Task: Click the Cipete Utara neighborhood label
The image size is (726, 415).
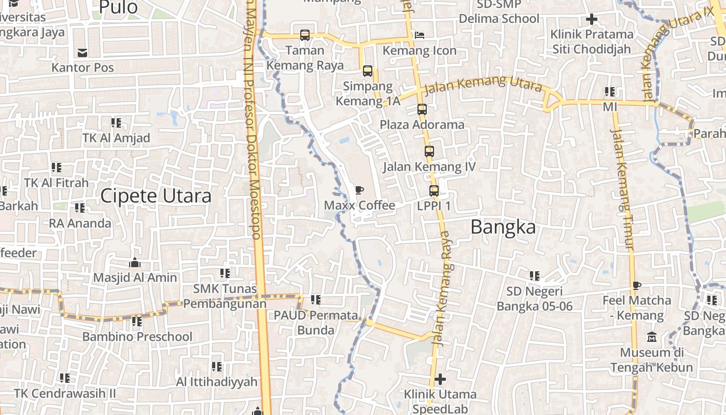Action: pos(156,196)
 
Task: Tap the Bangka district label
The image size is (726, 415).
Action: pos(503,227)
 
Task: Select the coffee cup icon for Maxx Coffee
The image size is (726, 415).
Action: pos(359,190)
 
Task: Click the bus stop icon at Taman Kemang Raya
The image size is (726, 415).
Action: pos(305,35)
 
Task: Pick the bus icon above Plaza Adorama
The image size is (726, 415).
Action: pos(422,109)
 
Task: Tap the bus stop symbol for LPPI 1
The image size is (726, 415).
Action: pos(434,191)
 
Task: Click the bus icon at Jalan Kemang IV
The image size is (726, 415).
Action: pos(429,151)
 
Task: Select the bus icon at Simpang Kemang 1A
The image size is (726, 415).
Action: pos(368,71)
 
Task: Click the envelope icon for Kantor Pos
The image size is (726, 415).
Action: pos(82,52)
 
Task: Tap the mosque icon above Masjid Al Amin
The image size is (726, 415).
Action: pos(135,262)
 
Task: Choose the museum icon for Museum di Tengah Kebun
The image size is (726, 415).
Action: pos(652,337)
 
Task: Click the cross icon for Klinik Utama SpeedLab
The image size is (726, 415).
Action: pos(440,379)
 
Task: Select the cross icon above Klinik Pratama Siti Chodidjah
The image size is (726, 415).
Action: pos(592,20)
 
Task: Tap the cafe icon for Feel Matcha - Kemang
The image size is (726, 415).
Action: pos(637,285)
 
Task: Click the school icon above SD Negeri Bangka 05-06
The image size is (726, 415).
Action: pos(535,276)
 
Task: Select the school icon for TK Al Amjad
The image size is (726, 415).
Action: pos(116,123)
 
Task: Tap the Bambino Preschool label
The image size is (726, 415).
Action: pos(137,337)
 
